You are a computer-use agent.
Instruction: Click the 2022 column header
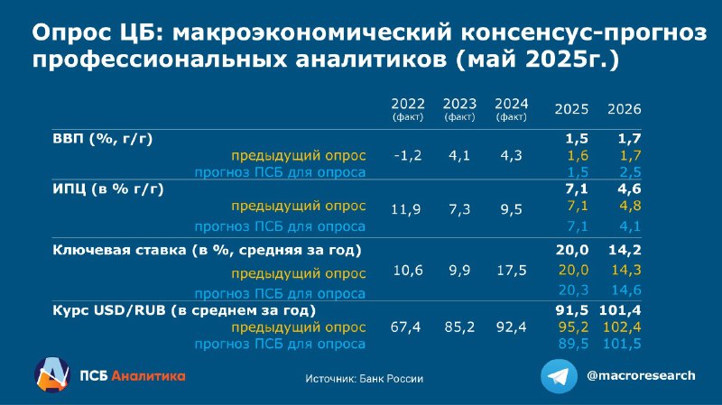tap(408, 108)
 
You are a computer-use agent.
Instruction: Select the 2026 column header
tap(624, 109)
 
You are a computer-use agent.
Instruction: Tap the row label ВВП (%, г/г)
tap(102, 139)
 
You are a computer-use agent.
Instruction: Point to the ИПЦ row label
tap(107, 189)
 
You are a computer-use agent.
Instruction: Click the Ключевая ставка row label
tap(207, 250)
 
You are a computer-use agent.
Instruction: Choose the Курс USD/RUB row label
tap(184, 310)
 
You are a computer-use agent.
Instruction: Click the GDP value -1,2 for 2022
tap(408, 155)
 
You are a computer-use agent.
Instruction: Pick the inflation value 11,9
tap(405, 210)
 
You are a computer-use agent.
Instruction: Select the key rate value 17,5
tap(511, 271)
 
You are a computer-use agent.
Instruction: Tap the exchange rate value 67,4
tap(405, 327)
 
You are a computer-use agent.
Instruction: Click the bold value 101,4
tap(620, 310)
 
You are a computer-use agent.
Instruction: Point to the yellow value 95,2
tap(573, 327)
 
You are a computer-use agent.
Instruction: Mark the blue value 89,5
tap(573, 344)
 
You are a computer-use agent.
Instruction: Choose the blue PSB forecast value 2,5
tap(630, 172)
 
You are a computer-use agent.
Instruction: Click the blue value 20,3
tap(573, 290)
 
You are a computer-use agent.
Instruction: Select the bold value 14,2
tap(625, 250)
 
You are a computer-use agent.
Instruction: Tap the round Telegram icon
tap(559, 376)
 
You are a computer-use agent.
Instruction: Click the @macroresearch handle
tap(641, 375)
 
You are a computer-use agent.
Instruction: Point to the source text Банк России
tap(391, 379)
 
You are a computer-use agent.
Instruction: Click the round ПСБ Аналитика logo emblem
tap(51, 375)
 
